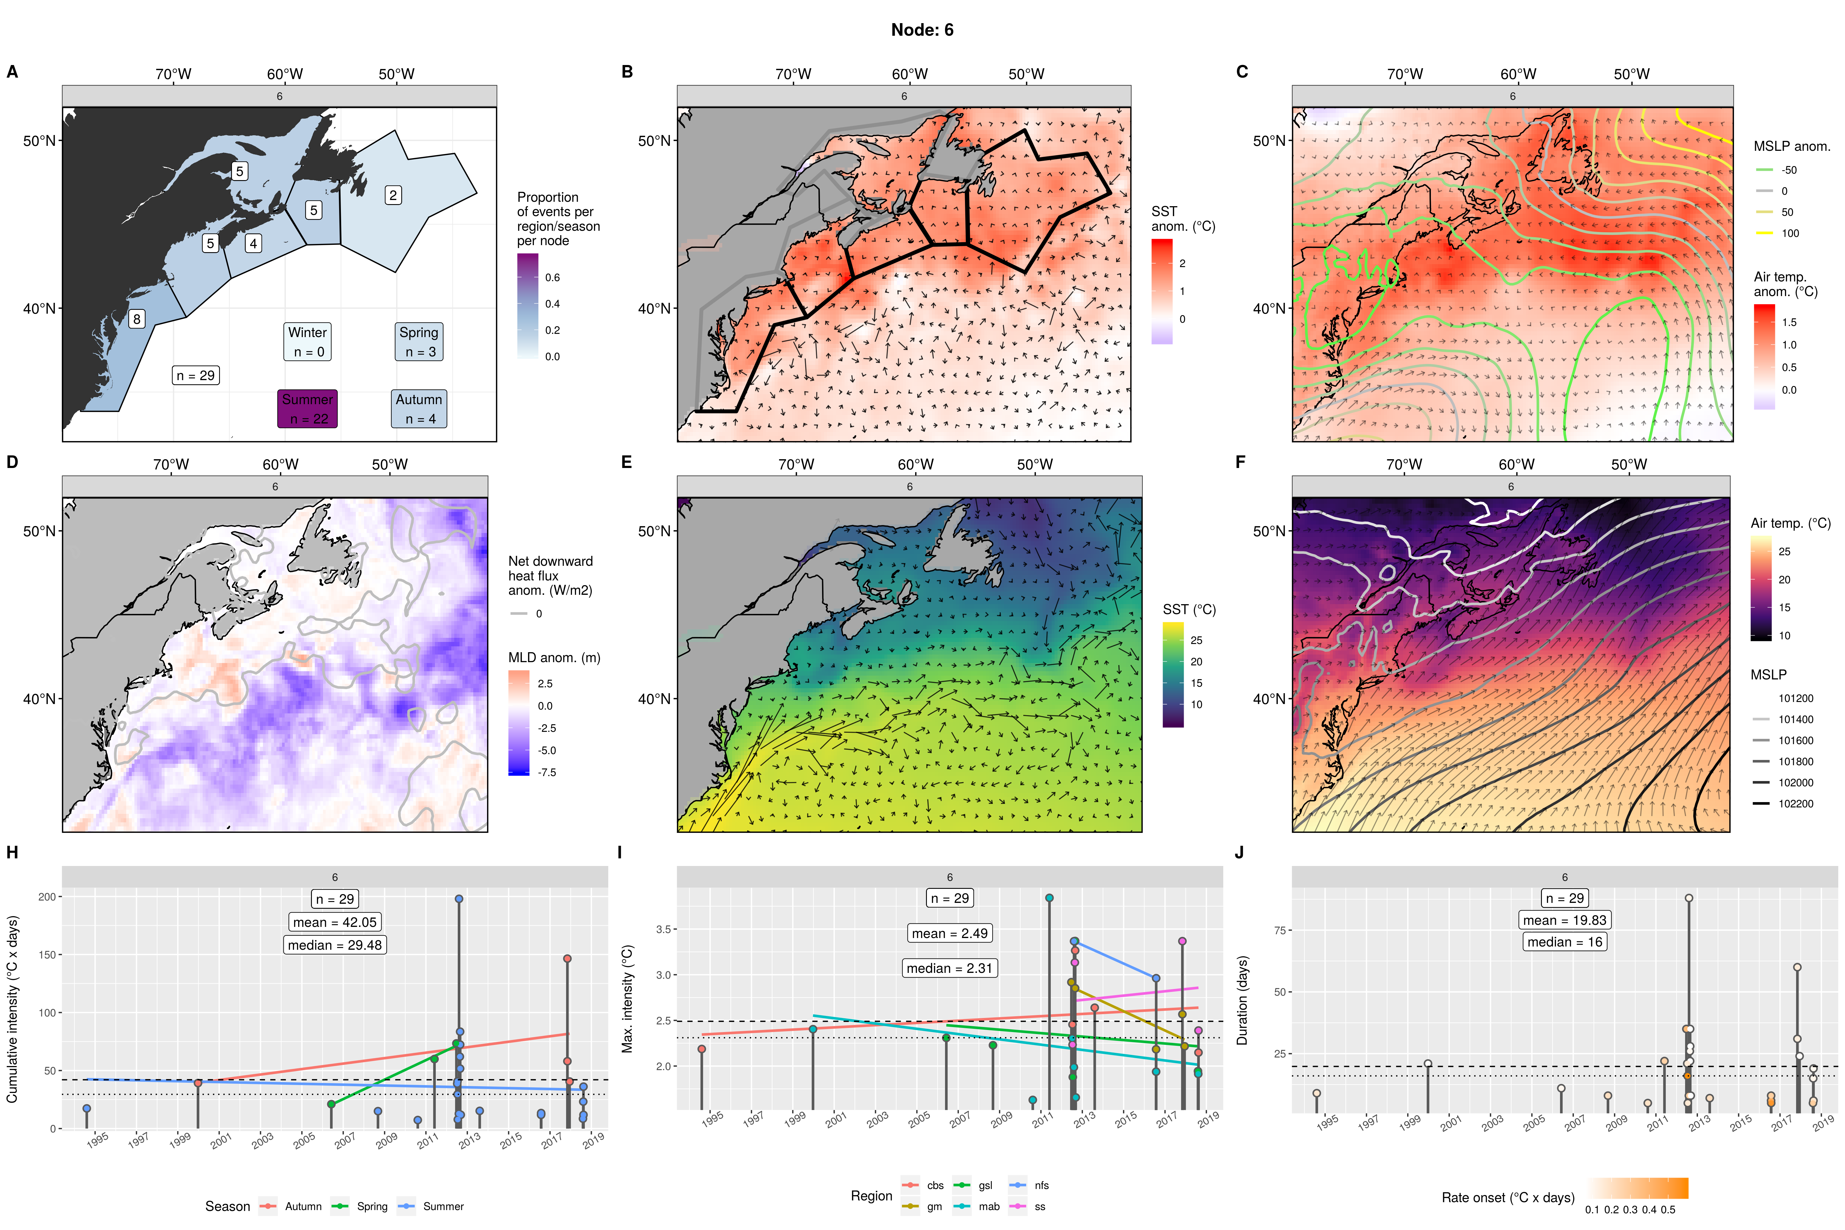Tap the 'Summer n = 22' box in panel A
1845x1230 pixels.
pyautogui.click(x=307, y=409)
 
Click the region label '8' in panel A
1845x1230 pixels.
pyautogui.click(x=137, y=319)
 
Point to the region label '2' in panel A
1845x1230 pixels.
pyautogui.click(x=393, y=194)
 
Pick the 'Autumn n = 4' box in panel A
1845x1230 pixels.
pyautogui.click(x=419, y=409)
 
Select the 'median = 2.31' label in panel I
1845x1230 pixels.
pyautogui.click(x=949, y=968)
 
